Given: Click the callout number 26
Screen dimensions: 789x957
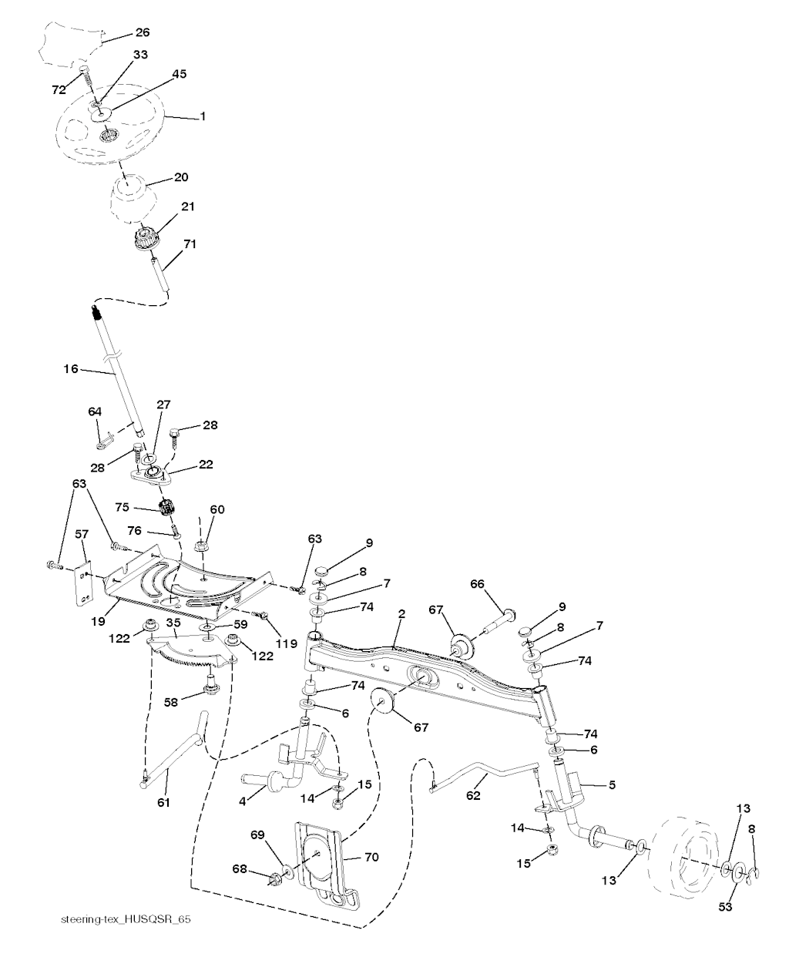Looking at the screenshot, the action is click(143, 32).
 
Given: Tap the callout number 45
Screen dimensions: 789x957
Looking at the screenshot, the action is click(180, 74).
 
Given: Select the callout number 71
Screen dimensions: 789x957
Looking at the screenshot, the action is click(190, 244).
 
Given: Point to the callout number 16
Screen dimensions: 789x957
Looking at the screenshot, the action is click(71, 369).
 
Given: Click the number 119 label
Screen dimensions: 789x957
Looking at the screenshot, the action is click(287, 644).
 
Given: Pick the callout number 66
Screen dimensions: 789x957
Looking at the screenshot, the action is click(477, 584).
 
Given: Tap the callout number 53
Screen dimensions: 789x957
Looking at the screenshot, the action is click(725, 907).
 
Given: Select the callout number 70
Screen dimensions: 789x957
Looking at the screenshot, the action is click(371, 857).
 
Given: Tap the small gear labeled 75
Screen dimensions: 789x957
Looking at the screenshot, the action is click(165, 509).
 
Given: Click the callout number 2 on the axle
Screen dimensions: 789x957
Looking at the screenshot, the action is click(401, 613).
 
